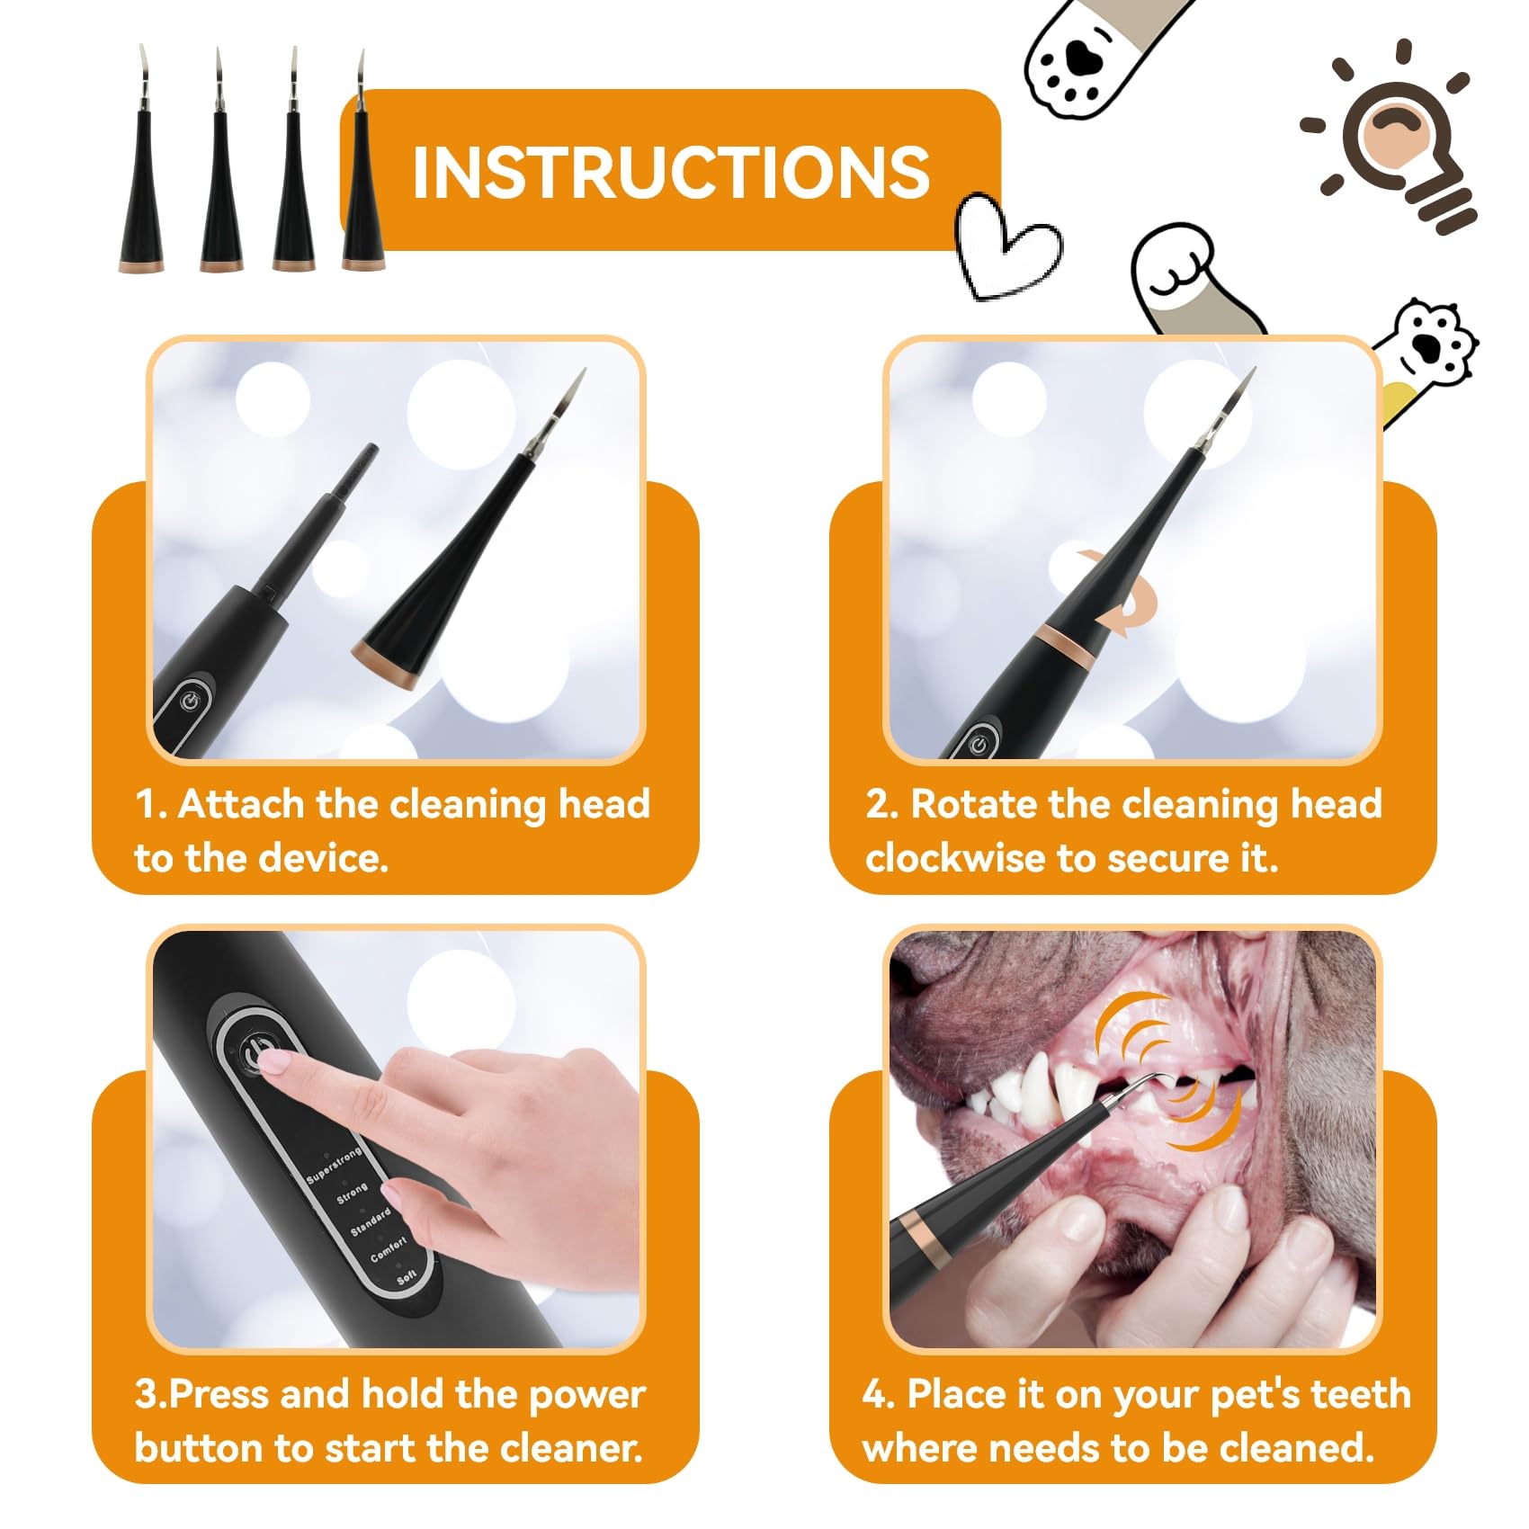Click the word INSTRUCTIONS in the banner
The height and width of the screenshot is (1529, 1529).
671,172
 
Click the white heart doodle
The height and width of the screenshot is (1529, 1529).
1006,245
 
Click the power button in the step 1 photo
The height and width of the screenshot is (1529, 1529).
189,701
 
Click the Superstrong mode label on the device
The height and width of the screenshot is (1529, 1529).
334,1165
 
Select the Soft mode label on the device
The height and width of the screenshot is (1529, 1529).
407,1275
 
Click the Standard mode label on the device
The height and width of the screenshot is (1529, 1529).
371,1221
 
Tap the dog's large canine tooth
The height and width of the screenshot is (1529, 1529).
1073,1090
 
